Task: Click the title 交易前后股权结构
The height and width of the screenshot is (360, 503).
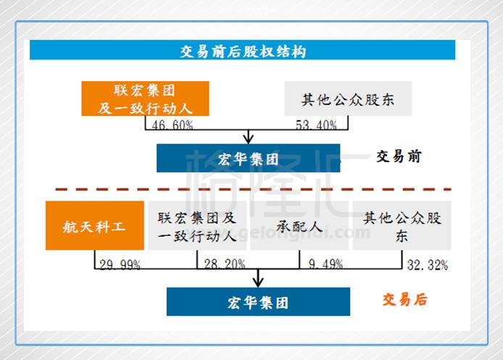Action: click(x=243, y=51)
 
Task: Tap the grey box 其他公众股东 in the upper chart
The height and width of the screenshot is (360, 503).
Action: click(x=347, y=100)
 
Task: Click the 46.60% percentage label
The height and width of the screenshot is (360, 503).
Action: click(x=172, y=125)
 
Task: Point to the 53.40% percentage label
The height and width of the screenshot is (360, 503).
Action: click(x=316, y=125)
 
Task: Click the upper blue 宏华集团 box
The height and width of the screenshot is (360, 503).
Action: click(x=248, y=158)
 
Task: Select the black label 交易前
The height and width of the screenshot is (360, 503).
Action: click(x=399, y=156)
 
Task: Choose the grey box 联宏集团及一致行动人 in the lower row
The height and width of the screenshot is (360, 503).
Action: click(x=197, y=226)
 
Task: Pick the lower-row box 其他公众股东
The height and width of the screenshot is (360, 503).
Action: click(x=402, y=226)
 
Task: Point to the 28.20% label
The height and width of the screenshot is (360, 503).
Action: click(x=225, y=265)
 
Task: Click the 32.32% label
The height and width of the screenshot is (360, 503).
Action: click(x=427, y=265)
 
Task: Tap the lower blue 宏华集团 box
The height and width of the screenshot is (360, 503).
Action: click(x=257, y=301)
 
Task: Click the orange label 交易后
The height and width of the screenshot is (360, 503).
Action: click(x=404, y=300)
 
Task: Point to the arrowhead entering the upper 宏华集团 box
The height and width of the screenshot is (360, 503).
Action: click(x=249, y=139)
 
